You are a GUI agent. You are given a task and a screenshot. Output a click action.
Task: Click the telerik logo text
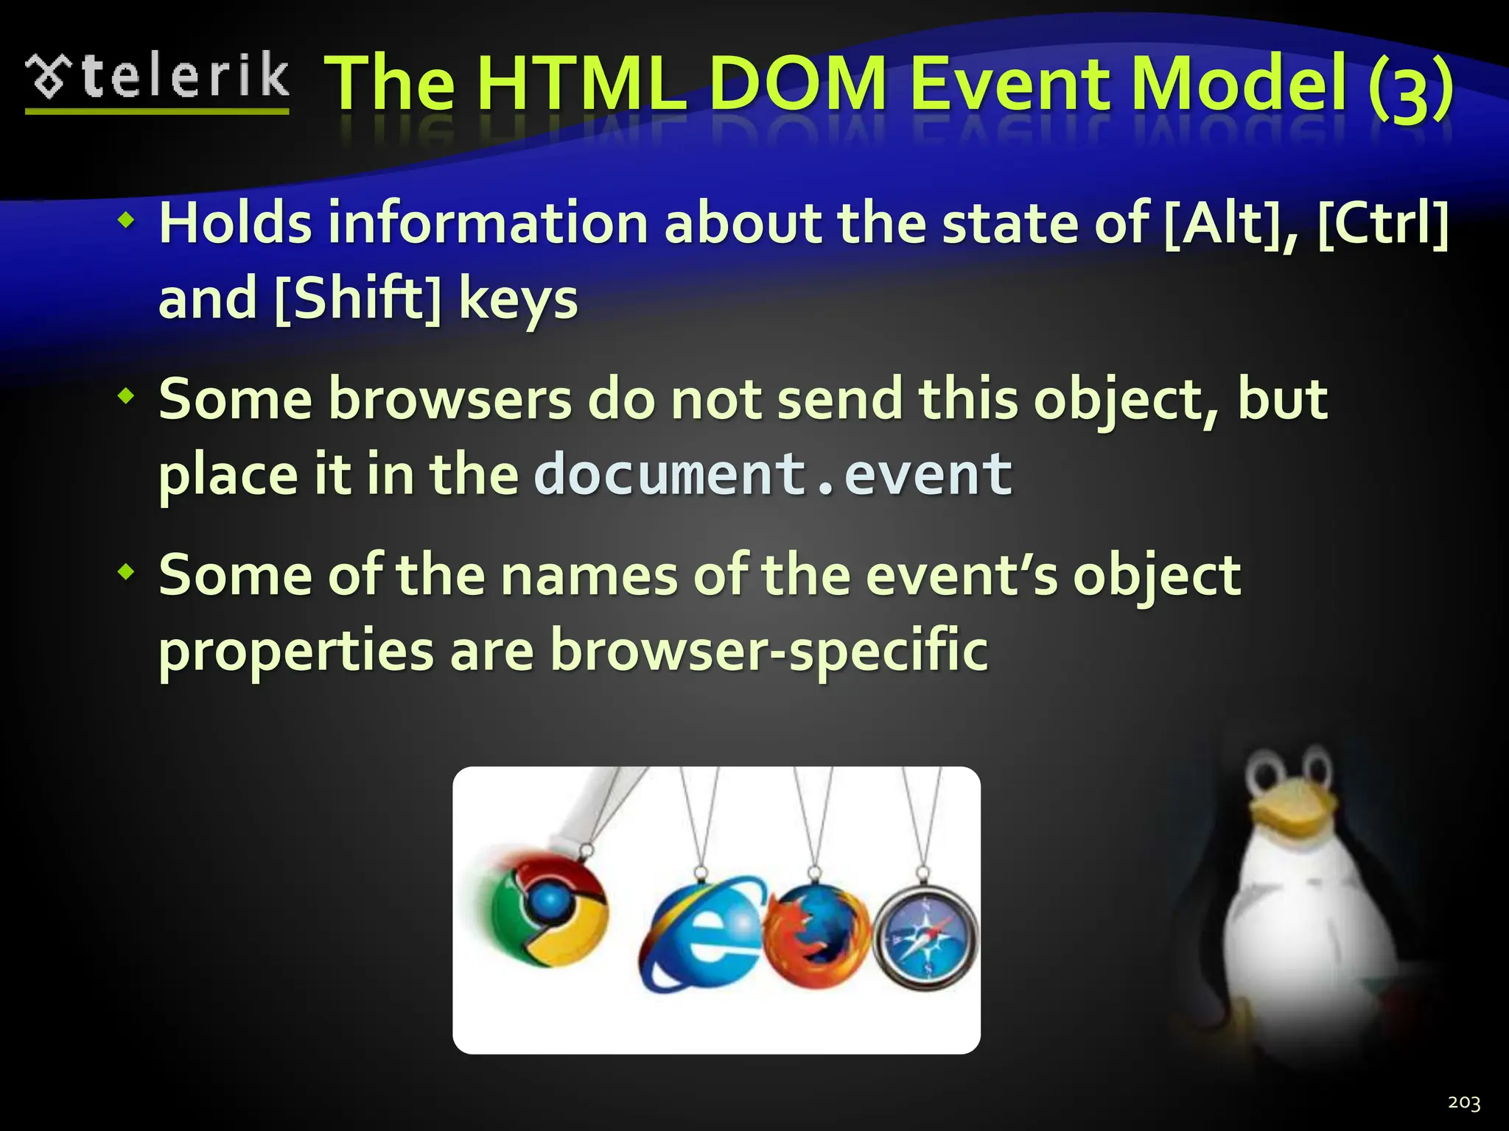(184, 77)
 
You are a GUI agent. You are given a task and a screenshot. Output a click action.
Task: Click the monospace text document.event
(773, 473)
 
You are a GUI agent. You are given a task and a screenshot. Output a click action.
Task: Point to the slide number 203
(1463, 1102)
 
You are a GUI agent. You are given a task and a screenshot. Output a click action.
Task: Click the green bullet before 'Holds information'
(127, 219)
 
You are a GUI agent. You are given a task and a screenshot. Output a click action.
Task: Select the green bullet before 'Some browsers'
(127, 396)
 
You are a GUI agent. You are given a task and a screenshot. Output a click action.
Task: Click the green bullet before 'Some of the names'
(127, 571)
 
